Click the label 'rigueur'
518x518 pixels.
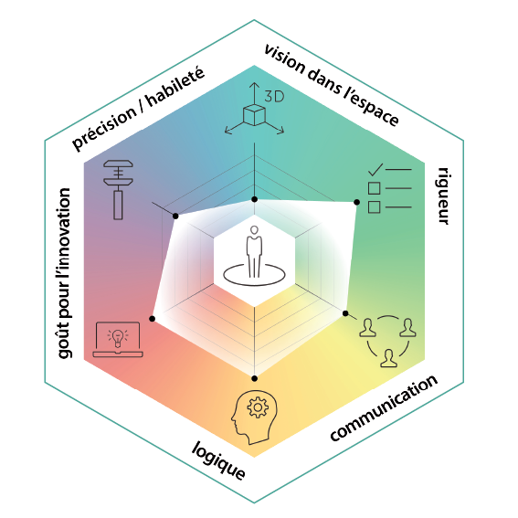[x=443, y=196]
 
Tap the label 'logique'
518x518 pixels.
[x=218, y=460]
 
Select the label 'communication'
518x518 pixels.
[x=384, y=408]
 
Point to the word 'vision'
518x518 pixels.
[x=285, y=59]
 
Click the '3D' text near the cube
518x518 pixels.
[x=274, y=97]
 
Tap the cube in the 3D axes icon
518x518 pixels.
[x=254, y=115]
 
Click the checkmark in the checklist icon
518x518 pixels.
[x=375, y=170]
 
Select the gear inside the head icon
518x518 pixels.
[x=258, y=407]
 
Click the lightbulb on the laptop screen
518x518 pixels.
[x=117, y=338]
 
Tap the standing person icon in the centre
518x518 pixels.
[x=254, y=252]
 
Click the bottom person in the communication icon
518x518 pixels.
[x=388, y=358]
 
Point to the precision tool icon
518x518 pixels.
[x=118, y=190]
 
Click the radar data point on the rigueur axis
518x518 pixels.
[x=357, y=202]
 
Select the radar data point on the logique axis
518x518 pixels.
[x=254, y=378]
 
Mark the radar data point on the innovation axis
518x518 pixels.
[x=152, y=319]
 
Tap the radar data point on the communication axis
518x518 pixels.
[x=345, y=313]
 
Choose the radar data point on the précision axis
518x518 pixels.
[x=175, y=216]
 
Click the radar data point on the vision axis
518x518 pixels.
[x=254, y=199]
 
